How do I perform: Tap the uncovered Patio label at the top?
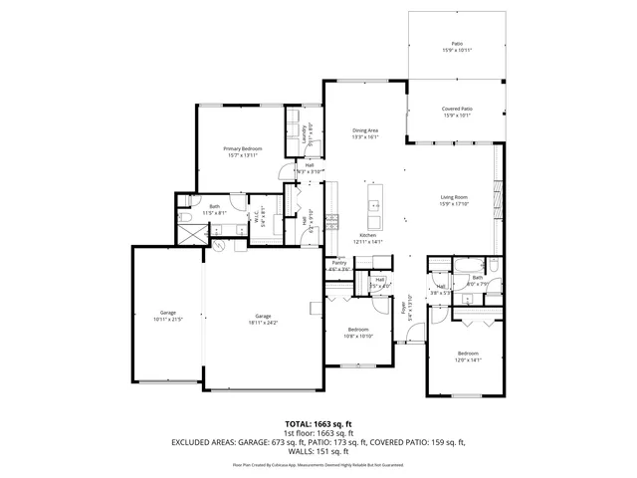457,44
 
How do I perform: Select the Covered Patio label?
457,109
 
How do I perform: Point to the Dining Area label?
365,130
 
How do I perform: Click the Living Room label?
454,197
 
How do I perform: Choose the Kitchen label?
368,235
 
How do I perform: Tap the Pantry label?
339,263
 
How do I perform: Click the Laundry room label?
304,135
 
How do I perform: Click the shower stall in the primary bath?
188,232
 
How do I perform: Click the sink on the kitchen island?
376,206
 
